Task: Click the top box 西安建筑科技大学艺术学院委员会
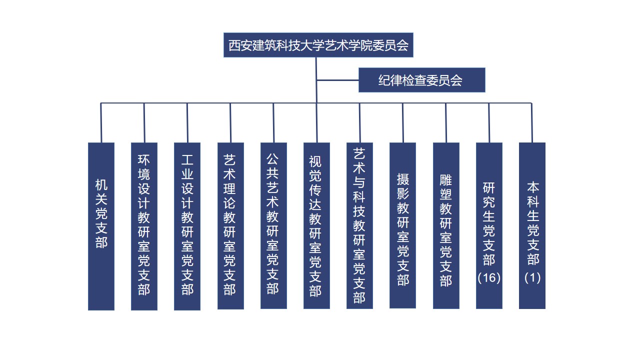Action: [x=318, y=45]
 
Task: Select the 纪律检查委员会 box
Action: [x=421, y=80]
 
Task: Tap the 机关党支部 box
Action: [x=101, y=226]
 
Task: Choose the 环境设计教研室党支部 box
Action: [x=144, y=226]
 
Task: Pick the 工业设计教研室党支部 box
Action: [x=187, y=226]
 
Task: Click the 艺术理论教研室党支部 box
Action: [x=230, y=226]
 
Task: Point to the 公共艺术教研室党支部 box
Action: [x=273, y=225]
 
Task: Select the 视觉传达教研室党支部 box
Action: [x=316, y=225]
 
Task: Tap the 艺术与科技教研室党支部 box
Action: [x=359, y=225]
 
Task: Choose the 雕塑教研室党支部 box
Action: [x=446, y=225]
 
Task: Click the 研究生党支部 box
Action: [x=489, y=225]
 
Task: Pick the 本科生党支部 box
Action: [x=532, y=225]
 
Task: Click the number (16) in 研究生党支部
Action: [x=489, y=277]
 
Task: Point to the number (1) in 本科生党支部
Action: [x=532, y=277]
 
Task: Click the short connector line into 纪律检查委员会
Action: [x=337, y=80]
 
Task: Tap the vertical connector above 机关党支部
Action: [x=101, y=122]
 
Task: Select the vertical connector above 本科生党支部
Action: [x=532, y=122]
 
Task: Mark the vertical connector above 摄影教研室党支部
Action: [x=402, y=122]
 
